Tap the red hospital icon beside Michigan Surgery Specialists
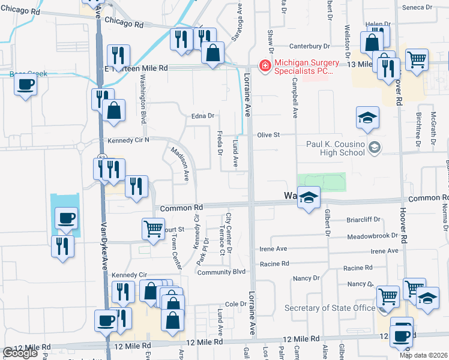264,65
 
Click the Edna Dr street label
203,116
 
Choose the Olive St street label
269,135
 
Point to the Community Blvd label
222,272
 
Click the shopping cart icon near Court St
153,229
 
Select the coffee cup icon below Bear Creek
25,85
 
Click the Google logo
19,353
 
